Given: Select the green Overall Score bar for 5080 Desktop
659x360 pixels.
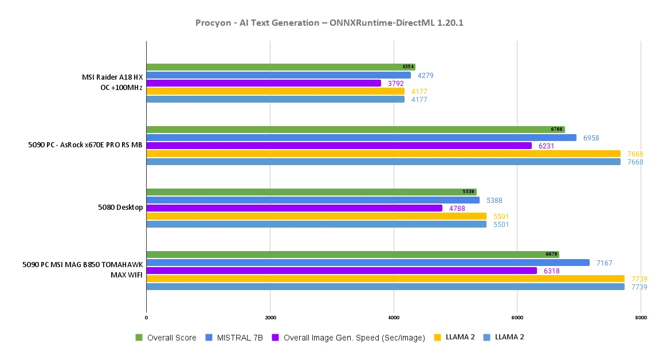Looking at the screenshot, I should (311, 192).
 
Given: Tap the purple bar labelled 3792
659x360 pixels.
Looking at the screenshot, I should (264, 83).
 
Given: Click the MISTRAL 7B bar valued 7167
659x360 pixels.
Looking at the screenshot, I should (368, 263).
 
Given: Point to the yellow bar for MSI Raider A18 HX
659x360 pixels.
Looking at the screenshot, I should (275, 91).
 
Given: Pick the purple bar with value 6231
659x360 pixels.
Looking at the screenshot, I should (339, 146).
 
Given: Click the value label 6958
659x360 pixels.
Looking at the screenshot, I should (591, 138).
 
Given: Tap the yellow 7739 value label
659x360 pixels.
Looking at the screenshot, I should (639, 279).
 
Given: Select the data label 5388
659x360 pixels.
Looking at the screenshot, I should (495, 201).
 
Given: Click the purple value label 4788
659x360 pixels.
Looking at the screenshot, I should (457, 209).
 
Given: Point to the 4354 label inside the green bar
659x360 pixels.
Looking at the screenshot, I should (408, 67).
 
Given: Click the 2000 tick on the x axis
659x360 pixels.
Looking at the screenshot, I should (270, 318).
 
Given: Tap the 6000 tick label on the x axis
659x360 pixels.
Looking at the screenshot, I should (517, 318).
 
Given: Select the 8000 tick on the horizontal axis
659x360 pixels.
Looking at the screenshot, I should (641, 318).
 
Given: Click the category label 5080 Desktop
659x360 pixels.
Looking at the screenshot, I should (120, 208).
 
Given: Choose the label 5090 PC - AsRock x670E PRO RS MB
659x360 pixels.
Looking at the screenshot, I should (85, 145).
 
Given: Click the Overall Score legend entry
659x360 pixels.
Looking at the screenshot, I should (171, 338).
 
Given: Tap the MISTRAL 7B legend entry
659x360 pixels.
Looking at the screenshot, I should (240, 338).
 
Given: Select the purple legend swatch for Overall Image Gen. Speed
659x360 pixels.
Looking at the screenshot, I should (276, 338).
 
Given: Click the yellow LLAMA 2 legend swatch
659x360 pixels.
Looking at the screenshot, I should (438, 338).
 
